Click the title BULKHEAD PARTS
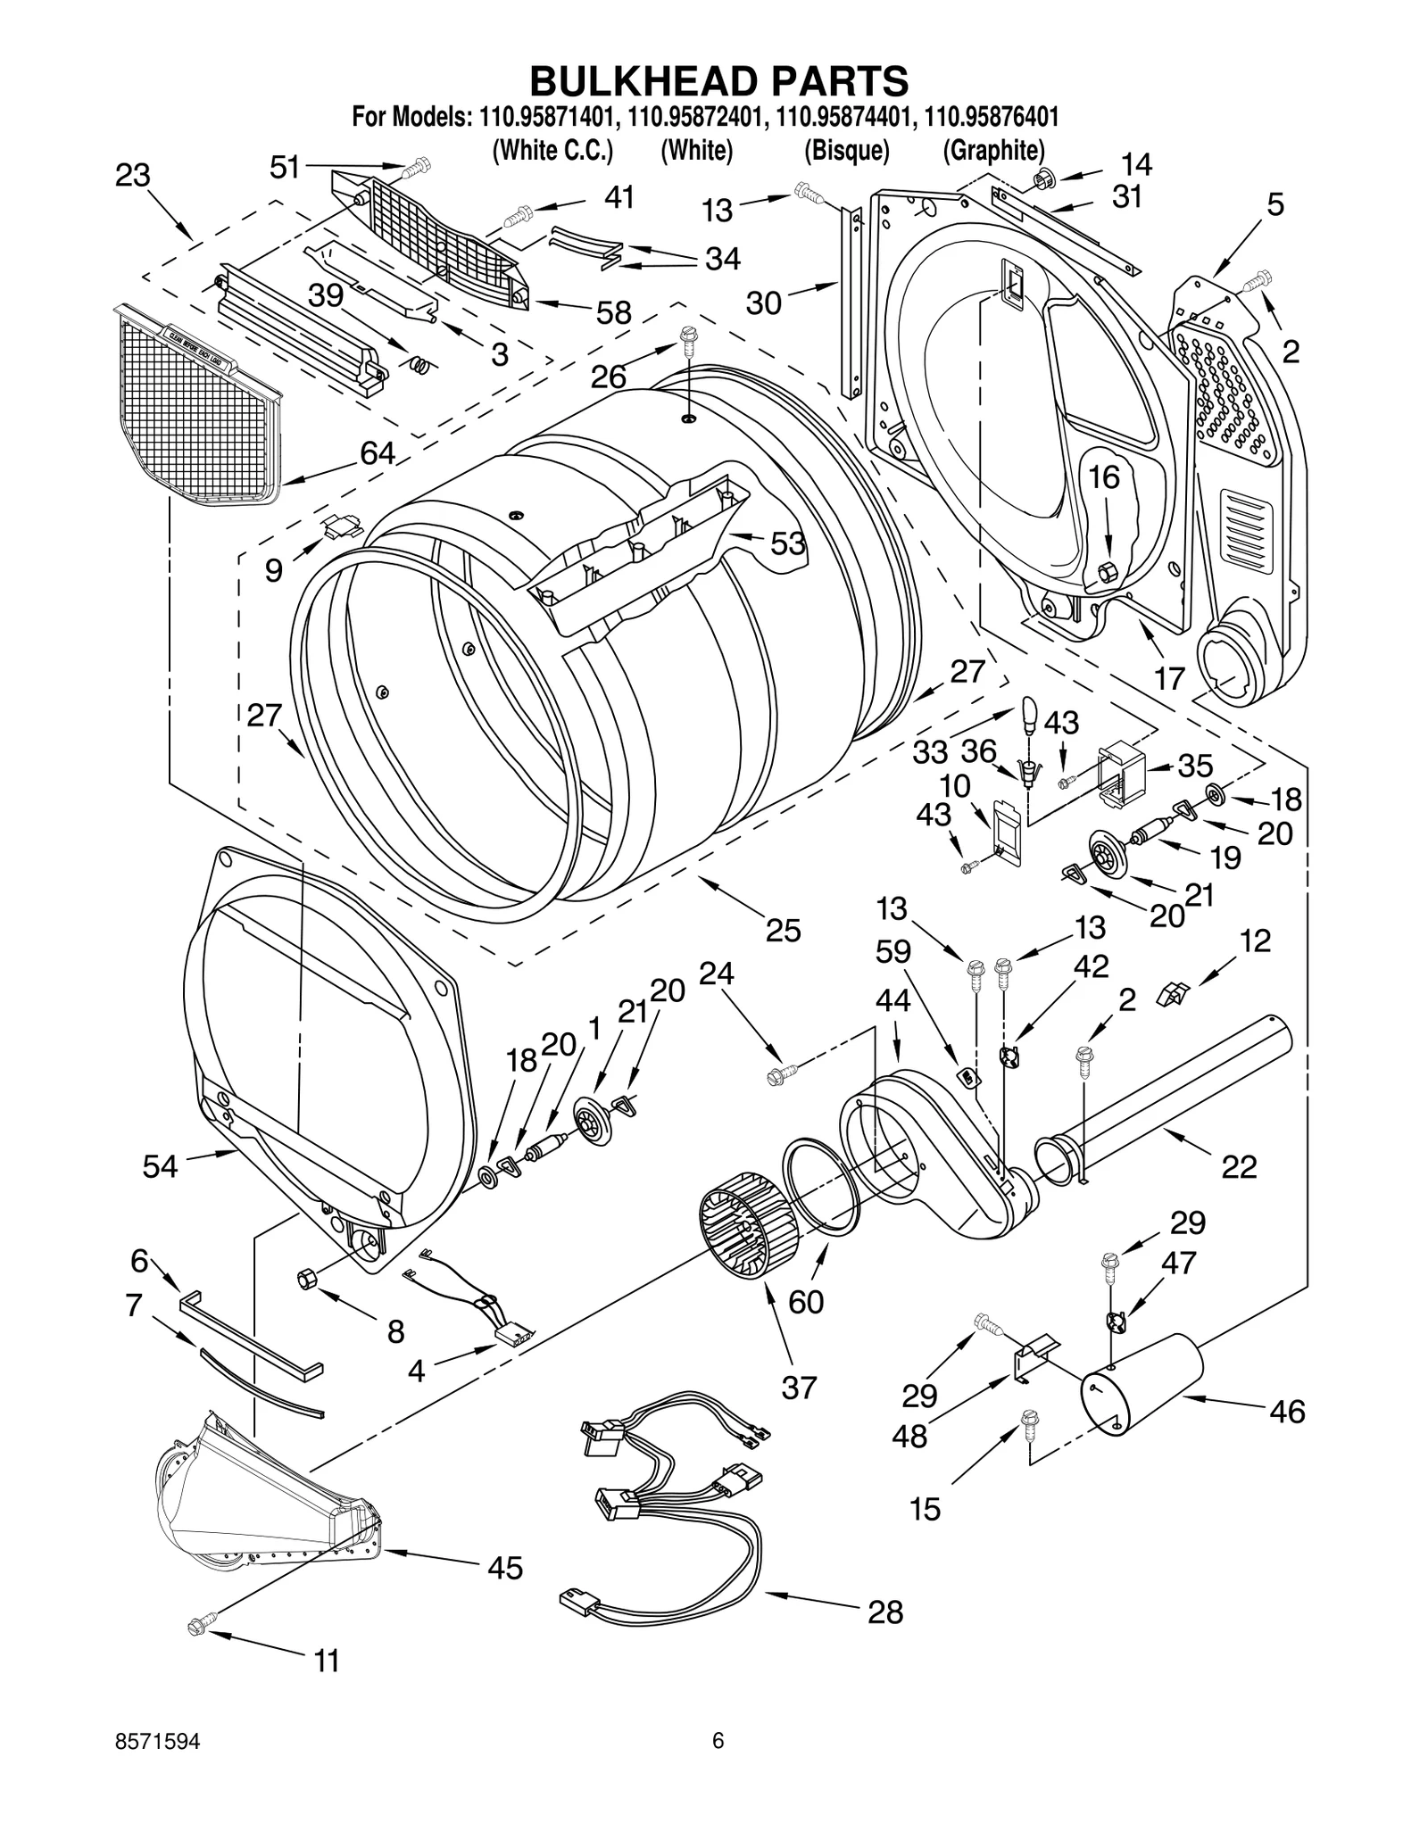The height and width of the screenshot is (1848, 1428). point(718,81)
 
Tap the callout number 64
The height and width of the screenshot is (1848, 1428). point(378,453)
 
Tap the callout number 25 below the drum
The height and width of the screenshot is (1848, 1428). point(783,930)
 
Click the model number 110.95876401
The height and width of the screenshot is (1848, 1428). point(992,117)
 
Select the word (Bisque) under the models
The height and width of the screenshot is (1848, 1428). point(846,151)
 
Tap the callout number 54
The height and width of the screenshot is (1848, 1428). point(161,1165)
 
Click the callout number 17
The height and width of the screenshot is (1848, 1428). point(1169,678)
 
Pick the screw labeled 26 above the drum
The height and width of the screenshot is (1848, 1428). point(688,338)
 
